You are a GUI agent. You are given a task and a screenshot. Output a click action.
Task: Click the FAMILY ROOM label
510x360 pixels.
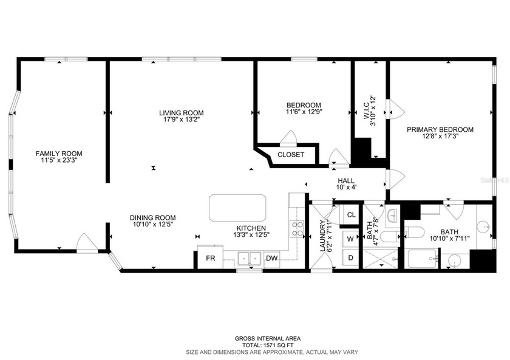click(59, 154)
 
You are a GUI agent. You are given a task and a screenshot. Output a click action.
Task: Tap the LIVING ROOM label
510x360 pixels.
click(181, 113)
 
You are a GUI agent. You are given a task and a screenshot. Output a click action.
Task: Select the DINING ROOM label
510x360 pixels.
click(152, 217)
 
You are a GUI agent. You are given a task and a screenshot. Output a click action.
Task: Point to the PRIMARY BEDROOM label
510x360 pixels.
click(440, 129)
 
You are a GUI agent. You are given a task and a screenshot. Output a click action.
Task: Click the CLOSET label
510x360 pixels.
click(291, 155)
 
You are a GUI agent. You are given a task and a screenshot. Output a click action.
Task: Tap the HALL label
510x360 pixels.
click(346, 181)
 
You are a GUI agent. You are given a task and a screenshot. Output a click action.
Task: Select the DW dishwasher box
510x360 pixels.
click(272, 259)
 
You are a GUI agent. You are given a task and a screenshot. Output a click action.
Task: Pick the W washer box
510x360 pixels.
click(351, 239)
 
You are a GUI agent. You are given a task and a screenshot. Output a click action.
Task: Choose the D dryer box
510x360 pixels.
click(351, 258)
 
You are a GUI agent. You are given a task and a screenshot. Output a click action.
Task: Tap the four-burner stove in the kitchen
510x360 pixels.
click(297, 229)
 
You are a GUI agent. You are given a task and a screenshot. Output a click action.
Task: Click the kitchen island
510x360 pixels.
click(237, 208)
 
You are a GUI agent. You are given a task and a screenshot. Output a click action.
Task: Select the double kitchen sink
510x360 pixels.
click(250, 259)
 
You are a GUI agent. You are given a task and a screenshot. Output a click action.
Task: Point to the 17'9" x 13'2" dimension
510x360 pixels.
click(181, 120)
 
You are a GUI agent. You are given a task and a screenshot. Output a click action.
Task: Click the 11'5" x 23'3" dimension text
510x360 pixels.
click(59, 160)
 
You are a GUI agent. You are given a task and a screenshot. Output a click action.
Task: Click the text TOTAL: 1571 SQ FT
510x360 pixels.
click(268, 345)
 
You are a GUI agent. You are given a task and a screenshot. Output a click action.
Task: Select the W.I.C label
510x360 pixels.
click(365, 110)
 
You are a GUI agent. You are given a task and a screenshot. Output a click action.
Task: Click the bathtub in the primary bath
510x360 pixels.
click(422, 259)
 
